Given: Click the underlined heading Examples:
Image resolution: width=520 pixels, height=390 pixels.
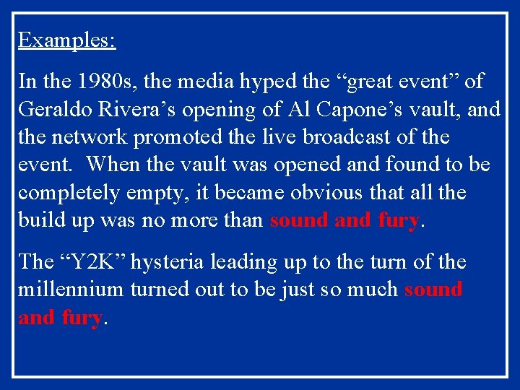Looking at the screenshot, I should [67, 40].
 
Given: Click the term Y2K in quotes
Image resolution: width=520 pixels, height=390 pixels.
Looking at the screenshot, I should [92, 261].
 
